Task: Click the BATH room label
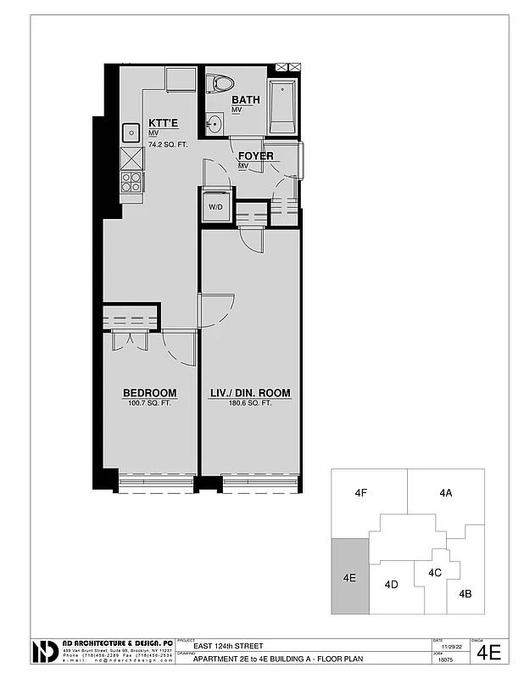coord(245,100)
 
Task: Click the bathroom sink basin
coord(215,125)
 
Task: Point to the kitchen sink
coord(131,132)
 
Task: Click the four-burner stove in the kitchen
coord(131,182)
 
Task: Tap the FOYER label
coord(255,156)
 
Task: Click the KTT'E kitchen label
coord(163,124)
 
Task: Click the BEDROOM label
coord(149,393)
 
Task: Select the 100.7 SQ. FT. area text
coord(149,403)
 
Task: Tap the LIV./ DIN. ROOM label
coord(250,393)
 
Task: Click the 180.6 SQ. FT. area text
coord(250,403)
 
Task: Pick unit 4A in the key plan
coord(445,492)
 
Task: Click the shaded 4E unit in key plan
coord(349,576)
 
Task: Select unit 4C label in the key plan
coord(435,572)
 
